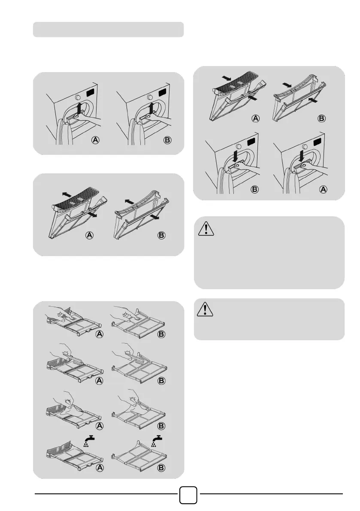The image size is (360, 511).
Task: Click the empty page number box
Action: tap(188, 495)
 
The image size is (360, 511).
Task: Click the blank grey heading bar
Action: tap(108, 29)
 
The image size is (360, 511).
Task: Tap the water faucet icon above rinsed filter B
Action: tap(157, 440)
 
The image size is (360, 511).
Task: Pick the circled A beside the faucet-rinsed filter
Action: tap(100, 467)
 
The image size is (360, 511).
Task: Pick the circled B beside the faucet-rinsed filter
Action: tap(161, 467)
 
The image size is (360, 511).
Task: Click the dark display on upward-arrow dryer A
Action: tap(91, 93)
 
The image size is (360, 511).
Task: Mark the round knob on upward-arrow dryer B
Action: tap(150, 97)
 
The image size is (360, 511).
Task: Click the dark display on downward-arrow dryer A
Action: tap(318, 142)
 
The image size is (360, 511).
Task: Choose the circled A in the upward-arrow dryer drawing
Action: tap(95, 140)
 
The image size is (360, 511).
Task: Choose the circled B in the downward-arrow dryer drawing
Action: tap(255, 189)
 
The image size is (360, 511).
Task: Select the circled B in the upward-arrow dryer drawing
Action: tap(167, 140)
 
